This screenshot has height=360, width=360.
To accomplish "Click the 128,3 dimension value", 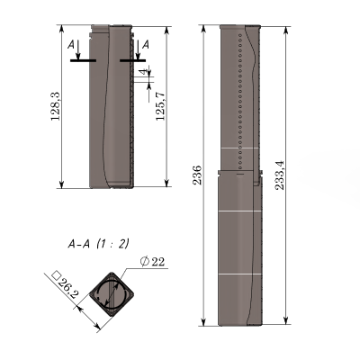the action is (56, 106).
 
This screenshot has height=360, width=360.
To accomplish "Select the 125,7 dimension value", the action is (160, 106).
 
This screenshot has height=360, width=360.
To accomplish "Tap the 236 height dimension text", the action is (197, 175).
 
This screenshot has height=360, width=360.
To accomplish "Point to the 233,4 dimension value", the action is (280, 175).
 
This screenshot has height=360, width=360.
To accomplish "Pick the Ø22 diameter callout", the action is (152, 262).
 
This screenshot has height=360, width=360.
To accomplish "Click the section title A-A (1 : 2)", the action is (98, 244).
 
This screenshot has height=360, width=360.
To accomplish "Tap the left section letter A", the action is (71, 45).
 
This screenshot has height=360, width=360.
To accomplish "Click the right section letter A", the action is (146, 45).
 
